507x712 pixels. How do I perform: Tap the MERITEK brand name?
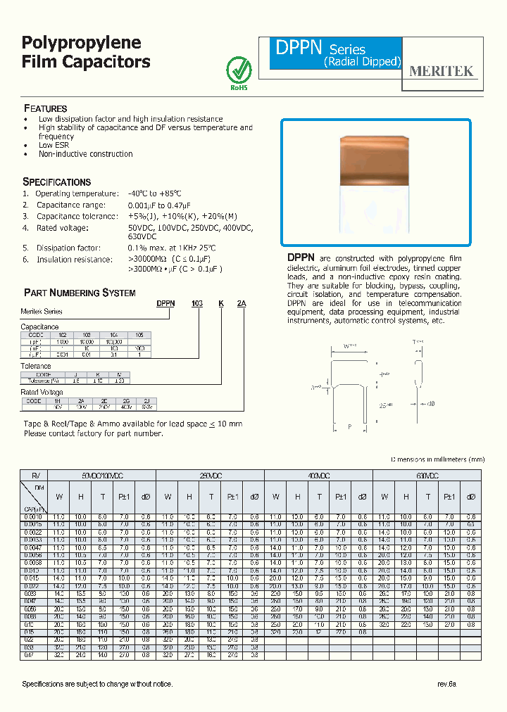442,71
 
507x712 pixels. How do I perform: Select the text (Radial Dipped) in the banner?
362,62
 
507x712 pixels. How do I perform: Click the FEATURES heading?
46,109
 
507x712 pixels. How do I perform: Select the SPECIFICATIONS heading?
57,182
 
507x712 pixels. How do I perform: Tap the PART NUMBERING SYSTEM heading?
80,293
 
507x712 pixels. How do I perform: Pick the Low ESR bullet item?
54,145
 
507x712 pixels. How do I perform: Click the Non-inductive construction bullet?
85,154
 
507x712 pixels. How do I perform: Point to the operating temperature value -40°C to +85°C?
154,193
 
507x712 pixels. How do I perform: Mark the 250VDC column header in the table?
209,476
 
